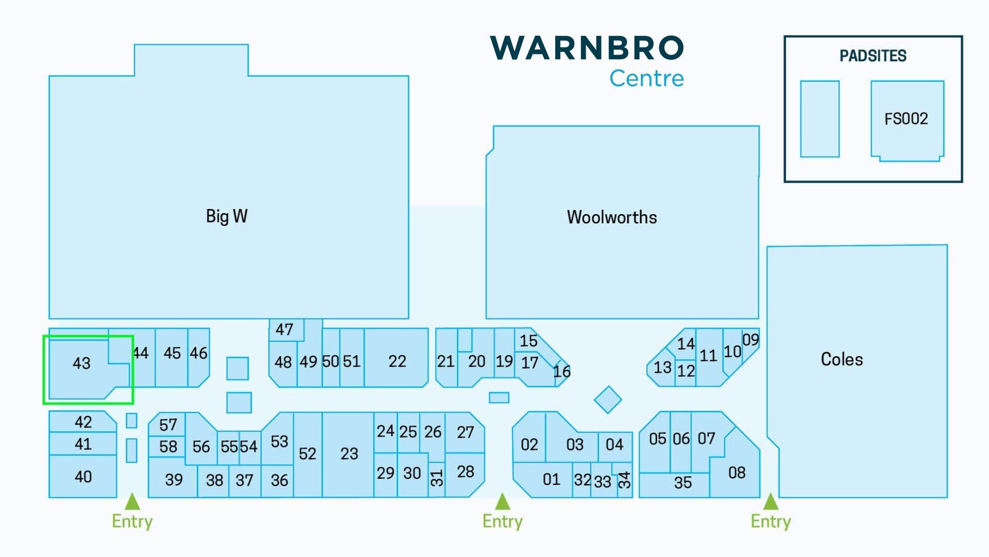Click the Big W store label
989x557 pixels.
(x=227, y=216)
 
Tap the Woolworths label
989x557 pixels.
(x=612, y=217)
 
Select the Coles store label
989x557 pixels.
(x=842, y=359)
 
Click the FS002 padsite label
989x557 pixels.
(x=906, y=119)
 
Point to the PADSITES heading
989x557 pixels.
(x=873, y=56)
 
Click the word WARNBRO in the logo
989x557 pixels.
(x=587, y=48)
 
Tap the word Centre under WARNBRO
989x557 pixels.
(x=647, y=78)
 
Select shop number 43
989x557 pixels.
(x=81, y=363)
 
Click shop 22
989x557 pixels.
(x=397, y=361)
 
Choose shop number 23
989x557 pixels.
(x=349, y=454)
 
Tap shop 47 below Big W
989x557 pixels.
(x=284, y=329)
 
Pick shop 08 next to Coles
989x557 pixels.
(x=737, y=473)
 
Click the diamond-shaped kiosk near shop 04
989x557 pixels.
(x=608, y=399)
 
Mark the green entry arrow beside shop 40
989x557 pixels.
(x=132, y=501)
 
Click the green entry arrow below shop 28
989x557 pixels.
(x=502, y=501)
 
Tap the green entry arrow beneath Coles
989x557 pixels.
(x=771, y=501)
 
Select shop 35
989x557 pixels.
(x=683, y=483)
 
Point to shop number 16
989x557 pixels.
(x=562, y=372)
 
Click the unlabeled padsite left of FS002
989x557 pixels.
(x=820, y=119)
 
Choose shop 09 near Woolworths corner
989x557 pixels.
(x=751, y=340)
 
